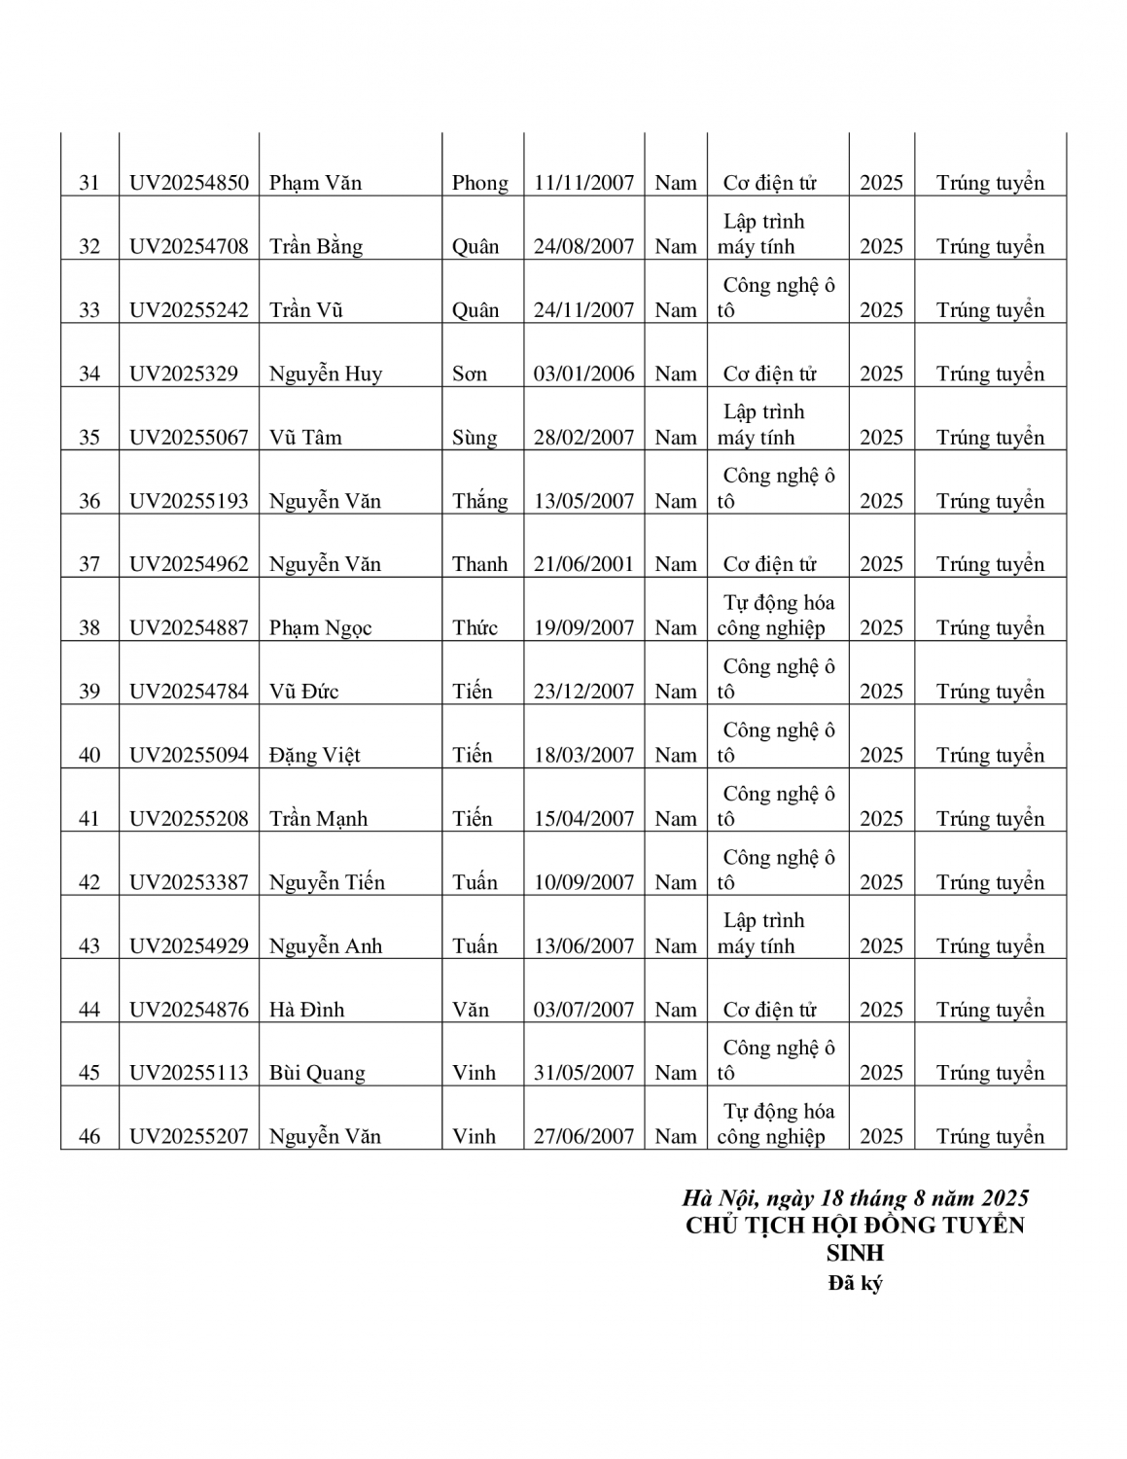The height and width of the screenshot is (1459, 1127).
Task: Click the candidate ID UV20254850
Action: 189,183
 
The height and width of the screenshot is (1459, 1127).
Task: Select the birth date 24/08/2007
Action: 583,246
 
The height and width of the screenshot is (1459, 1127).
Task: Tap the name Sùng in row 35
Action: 475,438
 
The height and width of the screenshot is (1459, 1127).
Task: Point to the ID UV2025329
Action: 183,374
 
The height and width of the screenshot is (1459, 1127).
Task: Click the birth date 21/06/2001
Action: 583,564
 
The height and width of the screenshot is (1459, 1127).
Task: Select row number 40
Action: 89,755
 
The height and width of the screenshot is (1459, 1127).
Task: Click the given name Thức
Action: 475,628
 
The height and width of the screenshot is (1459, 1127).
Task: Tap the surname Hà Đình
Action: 306,1010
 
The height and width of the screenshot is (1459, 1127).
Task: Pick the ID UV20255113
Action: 189,1073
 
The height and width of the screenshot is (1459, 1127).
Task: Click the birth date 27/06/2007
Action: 583,1136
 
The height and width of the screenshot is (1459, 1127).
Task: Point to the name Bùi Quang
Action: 317,1073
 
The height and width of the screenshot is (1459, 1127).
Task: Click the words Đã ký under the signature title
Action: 855,1283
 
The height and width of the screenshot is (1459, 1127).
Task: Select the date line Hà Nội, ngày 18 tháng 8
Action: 855,1197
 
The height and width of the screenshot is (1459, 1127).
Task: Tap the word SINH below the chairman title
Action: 855,1253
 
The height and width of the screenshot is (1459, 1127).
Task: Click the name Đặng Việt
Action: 314,755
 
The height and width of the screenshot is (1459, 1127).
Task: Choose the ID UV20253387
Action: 189,882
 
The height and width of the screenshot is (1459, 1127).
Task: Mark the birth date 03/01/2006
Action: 583,374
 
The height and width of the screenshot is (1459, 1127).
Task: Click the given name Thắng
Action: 479,501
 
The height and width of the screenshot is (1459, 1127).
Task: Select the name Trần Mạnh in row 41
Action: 318,819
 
